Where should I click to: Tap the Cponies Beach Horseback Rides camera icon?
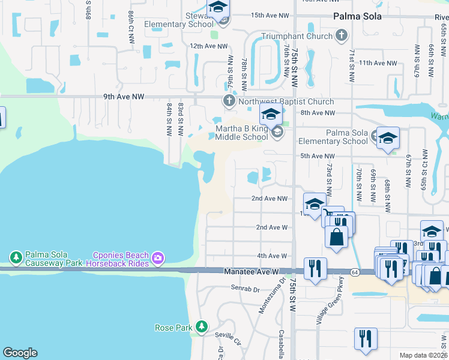click(158, 259)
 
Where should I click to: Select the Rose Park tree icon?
click(202, 327)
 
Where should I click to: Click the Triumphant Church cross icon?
click(342, 35)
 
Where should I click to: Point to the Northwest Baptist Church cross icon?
click(229, 101)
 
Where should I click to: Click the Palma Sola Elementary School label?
click(346, 137)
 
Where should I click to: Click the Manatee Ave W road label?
click(252, 272)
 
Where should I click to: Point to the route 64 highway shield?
click(355, 272)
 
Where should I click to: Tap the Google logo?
click(20, 353)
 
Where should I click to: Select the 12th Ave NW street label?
click(208, 46)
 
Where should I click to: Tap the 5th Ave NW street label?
click(316, 156)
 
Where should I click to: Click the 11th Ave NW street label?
click(378, 62)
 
